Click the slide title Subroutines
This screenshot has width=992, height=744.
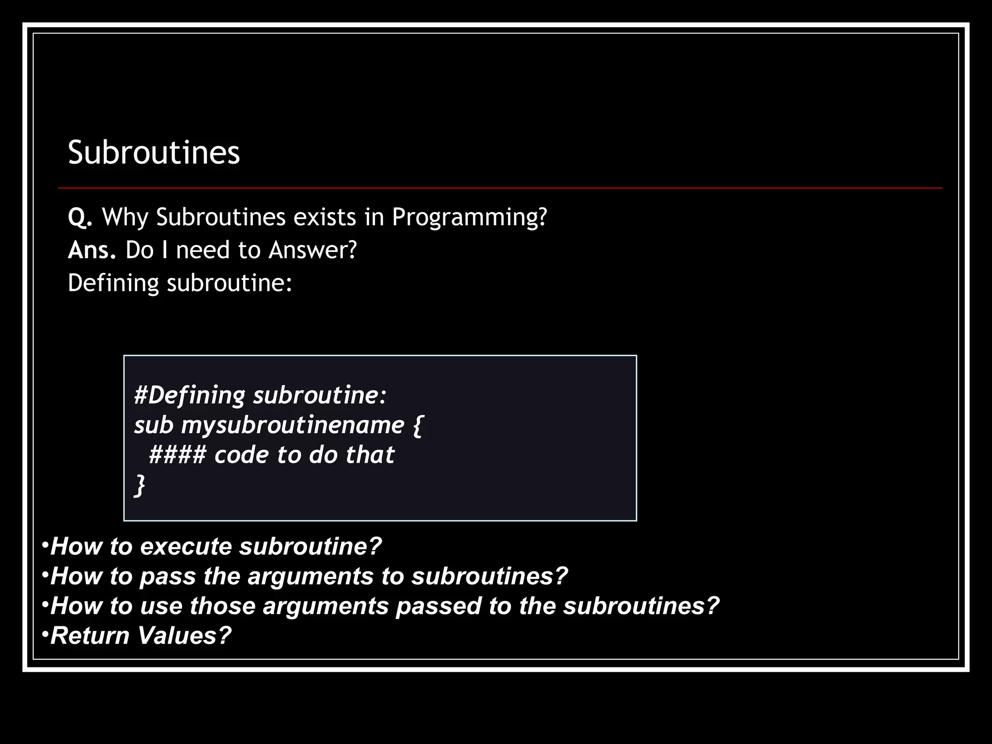tap(154, 153)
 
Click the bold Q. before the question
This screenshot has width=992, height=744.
tap(80, 217)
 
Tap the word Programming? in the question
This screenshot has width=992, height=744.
tap(469, 217)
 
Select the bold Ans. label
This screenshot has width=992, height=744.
tap(92, 250)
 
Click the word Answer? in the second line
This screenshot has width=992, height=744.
tap(312, 250)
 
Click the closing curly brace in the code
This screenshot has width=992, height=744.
tap(139, 486)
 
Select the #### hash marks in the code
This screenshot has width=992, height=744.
tap(177, 455)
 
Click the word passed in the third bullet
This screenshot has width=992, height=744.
tap(438, 606)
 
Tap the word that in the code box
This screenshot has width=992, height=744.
tap(370, 455)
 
